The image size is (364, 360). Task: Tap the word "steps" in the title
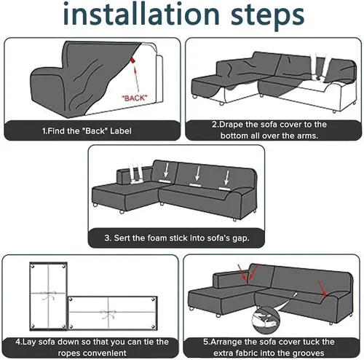coord(267,17)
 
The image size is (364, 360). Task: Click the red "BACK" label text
coord(135,98)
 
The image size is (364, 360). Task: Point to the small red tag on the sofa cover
coord(132,60)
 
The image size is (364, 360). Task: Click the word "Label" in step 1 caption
coord(121,131)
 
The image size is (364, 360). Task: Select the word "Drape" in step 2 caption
coord(231,125)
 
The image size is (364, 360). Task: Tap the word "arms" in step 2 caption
coord(307,136)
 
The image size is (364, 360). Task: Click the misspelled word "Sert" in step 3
coord(119,238)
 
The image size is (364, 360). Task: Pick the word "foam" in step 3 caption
coord(157,238)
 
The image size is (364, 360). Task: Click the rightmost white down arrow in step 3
coord(226,178)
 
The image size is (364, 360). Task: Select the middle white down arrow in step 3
coord(198,173)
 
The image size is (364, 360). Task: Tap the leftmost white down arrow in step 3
coord(166,170)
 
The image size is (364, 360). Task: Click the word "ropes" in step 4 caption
coord(68,353)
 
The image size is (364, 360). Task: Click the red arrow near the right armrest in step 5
coord(323,289)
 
